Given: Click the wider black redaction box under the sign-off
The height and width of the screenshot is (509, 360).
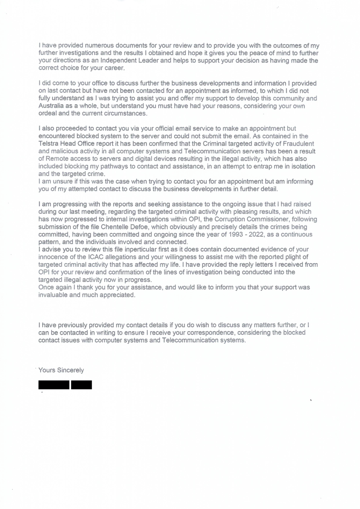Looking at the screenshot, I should click(x=54, y=385).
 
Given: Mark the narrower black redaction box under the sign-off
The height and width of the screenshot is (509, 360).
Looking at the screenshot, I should click(x=82, y=385).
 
